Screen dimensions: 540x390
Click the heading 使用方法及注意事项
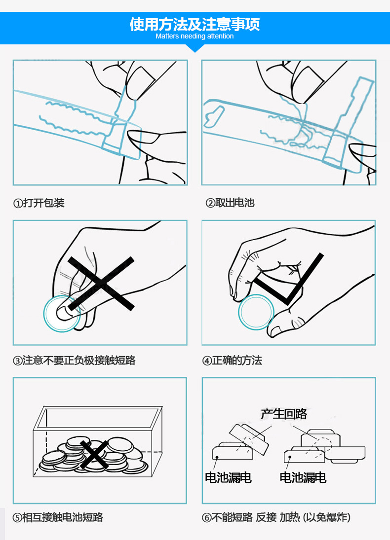[195, 24]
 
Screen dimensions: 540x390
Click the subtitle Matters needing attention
[195, 36]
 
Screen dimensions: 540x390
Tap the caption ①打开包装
[39, 203]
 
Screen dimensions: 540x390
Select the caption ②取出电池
[230, 203]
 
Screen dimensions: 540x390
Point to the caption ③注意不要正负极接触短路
[74, 360]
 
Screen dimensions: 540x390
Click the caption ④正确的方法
[232, 360]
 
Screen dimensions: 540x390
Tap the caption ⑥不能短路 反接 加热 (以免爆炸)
[276, 517]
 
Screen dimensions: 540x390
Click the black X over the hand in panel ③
[101, 284]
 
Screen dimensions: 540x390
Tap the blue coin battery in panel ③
[61, 314]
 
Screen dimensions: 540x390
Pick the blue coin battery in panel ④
[256, 312]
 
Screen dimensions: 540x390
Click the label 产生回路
[284, 414]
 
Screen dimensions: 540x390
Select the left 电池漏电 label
[228, 477]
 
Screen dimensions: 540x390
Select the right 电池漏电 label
[303, 477]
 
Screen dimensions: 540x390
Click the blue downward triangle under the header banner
[195, 48]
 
